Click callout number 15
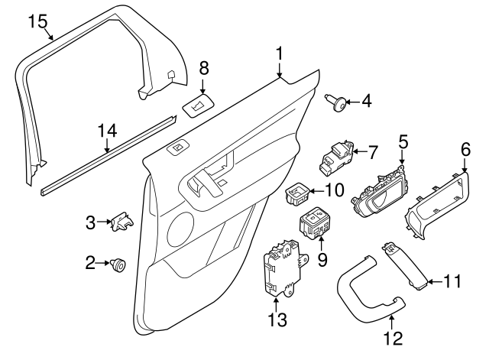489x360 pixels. point(37,21)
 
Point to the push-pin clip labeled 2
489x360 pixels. point(118,264)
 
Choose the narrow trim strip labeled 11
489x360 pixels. point(408,264)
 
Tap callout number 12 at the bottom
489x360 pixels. point(392,336)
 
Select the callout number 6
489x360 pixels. point(465,149)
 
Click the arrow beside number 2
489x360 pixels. point(103,264)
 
